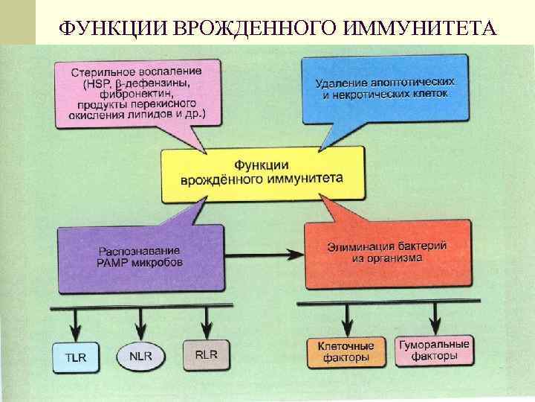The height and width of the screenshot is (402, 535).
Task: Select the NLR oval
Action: [141, 357]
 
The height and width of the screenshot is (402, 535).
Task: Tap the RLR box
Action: [206, 355]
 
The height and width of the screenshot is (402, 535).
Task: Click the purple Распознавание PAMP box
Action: [141, 256]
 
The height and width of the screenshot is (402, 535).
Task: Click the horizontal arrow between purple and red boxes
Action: [265, 253]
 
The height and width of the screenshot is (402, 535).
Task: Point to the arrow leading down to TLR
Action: [74, 322]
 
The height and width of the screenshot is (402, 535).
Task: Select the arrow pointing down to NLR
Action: [141, 322]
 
